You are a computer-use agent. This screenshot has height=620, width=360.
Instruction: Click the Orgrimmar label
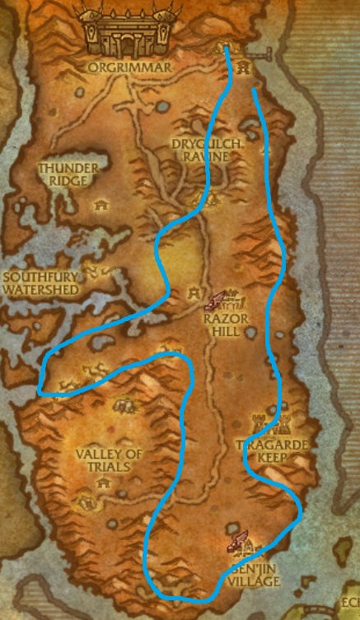point(126,67)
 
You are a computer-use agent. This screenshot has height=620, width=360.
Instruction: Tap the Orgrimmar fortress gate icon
point(124,31)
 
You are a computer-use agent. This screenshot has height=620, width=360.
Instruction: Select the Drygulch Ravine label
point(197,149)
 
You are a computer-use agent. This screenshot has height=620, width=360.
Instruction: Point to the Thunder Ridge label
point(68,175)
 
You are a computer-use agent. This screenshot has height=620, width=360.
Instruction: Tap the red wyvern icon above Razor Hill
point(218,300)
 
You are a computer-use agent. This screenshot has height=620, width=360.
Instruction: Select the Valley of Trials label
point(104,460)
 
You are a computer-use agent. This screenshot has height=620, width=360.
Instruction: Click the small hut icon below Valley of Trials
point(105,484)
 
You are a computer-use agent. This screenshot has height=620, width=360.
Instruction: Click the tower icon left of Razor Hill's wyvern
point(194,291)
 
